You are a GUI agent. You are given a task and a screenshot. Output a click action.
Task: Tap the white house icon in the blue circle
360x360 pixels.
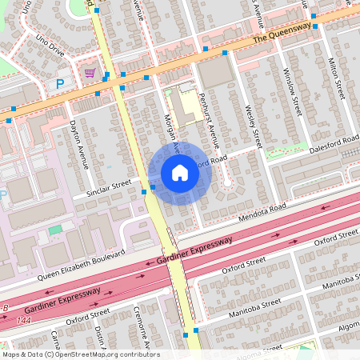coord(180,173)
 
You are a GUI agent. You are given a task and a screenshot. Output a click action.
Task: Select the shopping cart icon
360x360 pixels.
coord(90,73)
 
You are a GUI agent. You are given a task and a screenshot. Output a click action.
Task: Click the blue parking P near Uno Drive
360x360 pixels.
coord(59,82)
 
